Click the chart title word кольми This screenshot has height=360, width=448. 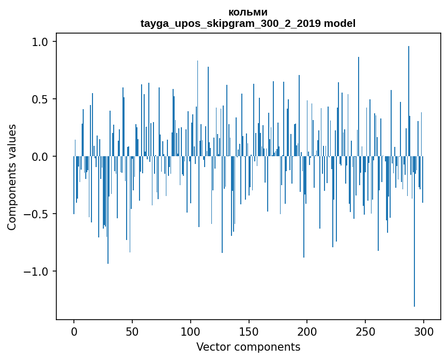(x=248, y=12)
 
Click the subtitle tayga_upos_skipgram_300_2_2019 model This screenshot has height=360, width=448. (x=248, y=23)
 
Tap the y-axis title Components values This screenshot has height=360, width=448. (x=12, y=177)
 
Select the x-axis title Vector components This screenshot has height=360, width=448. (x=248, y=347)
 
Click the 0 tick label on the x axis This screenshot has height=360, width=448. (x=74, y=331)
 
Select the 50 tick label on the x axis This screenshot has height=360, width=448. (x=132, y=331)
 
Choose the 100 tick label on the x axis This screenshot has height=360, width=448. (x=191, y=331)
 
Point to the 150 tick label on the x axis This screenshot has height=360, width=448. (x=249, y=331)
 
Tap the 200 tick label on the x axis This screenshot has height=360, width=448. (x=307, y=331)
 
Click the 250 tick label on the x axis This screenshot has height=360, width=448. (x=365, y=331)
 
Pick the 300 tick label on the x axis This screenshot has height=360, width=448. (x=424, y=331)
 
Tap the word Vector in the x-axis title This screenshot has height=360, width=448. (x=212, y=347)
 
